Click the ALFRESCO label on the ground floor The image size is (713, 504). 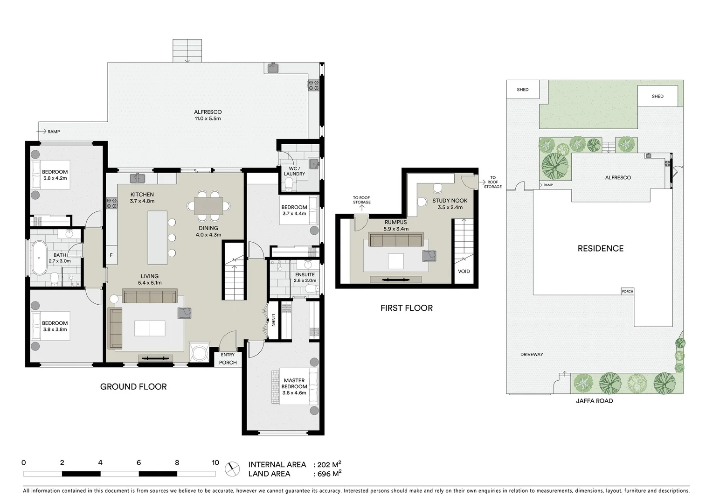[208, 112]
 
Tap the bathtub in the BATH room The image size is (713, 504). [39, 258]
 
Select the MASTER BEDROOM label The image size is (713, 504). [294, 384]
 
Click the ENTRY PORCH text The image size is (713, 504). [228, 359]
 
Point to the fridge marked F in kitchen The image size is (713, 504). [111, 255]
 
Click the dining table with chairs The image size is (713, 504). [208, 206]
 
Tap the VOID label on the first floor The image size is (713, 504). [464, 271]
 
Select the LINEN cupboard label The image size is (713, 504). [273, 320]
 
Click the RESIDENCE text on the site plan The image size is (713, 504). [600, 249]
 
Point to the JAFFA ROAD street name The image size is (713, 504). [594, 401]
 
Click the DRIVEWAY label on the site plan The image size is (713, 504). [532, 355]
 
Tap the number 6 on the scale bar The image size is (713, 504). [138, 463]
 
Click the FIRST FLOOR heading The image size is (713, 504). [406, 308]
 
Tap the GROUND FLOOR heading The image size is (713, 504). [133, 387]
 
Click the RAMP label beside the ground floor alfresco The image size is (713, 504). [54, 132]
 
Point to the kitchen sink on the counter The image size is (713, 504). [137, 178]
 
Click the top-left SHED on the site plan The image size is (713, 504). [523, 90]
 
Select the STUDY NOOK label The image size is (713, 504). [450, 201]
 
